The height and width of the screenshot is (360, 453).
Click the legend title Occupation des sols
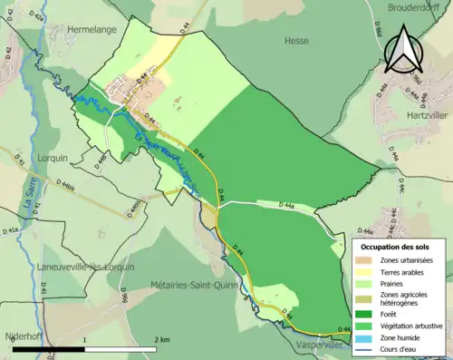pos(396,247)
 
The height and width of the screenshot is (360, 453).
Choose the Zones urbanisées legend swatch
pos(369,260)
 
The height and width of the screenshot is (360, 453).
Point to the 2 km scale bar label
pos(162,339)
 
